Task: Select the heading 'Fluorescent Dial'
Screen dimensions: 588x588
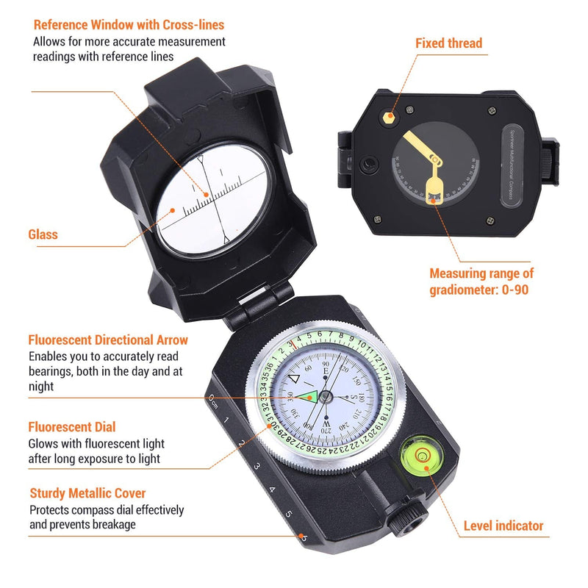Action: point(72,427)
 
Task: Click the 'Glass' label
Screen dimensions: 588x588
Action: point(43,234)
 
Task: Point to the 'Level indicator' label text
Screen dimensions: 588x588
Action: point(503,526)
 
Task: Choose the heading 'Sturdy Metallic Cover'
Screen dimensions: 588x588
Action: point(87,493)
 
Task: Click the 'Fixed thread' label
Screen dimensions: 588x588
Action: point(448,43)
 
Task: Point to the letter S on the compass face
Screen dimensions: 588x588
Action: point(351,398)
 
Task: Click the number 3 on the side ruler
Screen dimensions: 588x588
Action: point(257,466)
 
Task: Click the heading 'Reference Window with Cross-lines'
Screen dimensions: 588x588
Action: point(129,26)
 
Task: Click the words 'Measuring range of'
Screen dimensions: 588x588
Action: point(479,273)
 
